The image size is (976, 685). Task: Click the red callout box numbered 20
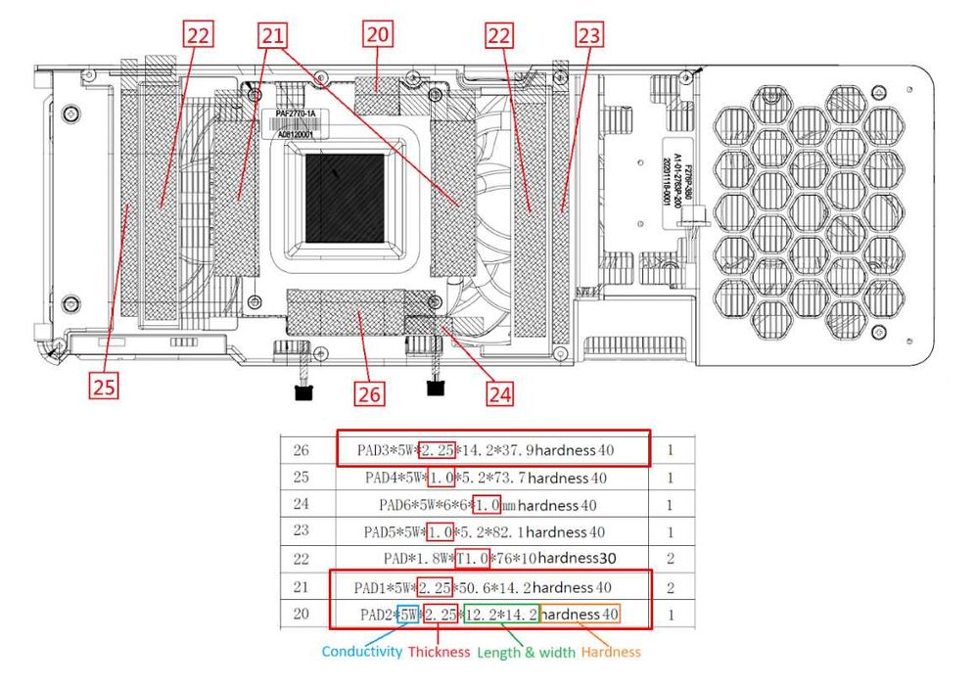[377, 36]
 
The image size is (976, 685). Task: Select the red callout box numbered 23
[590, 36]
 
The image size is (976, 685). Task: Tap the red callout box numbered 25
[105, 386]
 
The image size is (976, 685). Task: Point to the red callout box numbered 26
[369, 393]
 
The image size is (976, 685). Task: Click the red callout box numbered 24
[499, 393]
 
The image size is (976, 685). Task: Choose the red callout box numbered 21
[273, 36]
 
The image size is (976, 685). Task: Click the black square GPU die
[345, 198]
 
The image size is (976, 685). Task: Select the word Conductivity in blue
[361, 651]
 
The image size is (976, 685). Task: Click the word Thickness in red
[439, 651]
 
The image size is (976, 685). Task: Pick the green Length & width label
[525, 651]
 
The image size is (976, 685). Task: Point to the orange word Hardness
[611, 651]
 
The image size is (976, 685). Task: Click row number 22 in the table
[301, 559]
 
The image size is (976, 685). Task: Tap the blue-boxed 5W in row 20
[408, 615]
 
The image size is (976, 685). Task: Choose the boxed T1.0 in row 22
[472, 559]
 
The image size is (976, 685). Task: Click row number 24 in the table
[301, 505]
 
